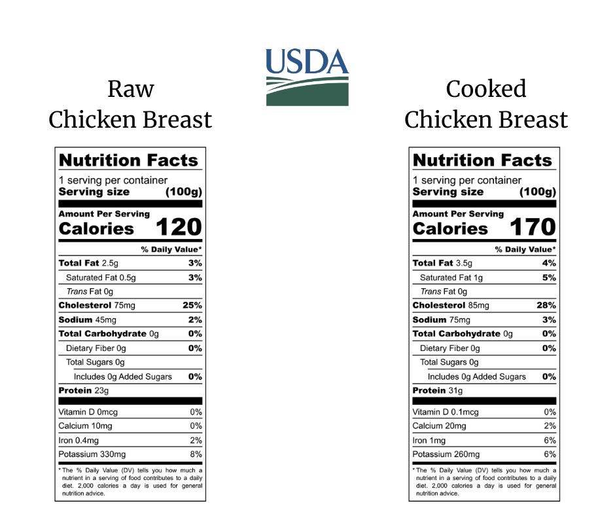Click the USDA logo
pyautogui.click(x=307, y=77)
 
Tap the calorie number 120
pyautogui.click(x=178, y=227)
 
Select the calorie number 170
pyautogui.click(x=532, y=227)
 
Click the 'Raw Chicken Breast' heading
pyautogui.click(x=130, y=104)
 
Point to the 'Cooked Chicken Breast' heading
pyautogui.click(x=485, y=104)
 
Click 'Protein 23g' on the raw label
pyautogui.click(x=84, y=391)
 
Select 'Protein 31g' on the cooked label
pyautogui.click(x=438, y=391)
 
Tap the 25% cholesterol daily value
pyautogui.click(x=192, y=305)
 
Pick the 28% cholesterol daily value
pyautogui.click(x=546, y=305)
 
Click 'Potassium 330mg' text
pyautogui.click(x=92, y=454)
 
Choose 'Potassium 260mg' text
pyautogui.click(x=446, y=454)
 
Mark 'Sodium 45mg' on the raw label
pyautogui.click(x=87, y=320)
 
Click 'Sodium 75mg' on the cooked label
pyautogui.click(x=441, y=320)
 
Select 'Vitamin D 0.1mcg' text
pyautogui.click(x=446, y=412)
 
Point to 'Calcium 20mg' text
pyautogui.click(x=439, y=426)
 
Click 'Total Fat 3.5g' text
pyautogui.click(x=444, y=263)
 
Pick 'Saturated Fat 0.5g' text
pyautogui.click(x=101, y=278)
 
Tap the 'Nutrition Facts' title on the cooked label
pyautogui.click(x=483, y=160)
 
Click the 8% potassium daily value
pyautogui.click(x=196, y=454)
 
